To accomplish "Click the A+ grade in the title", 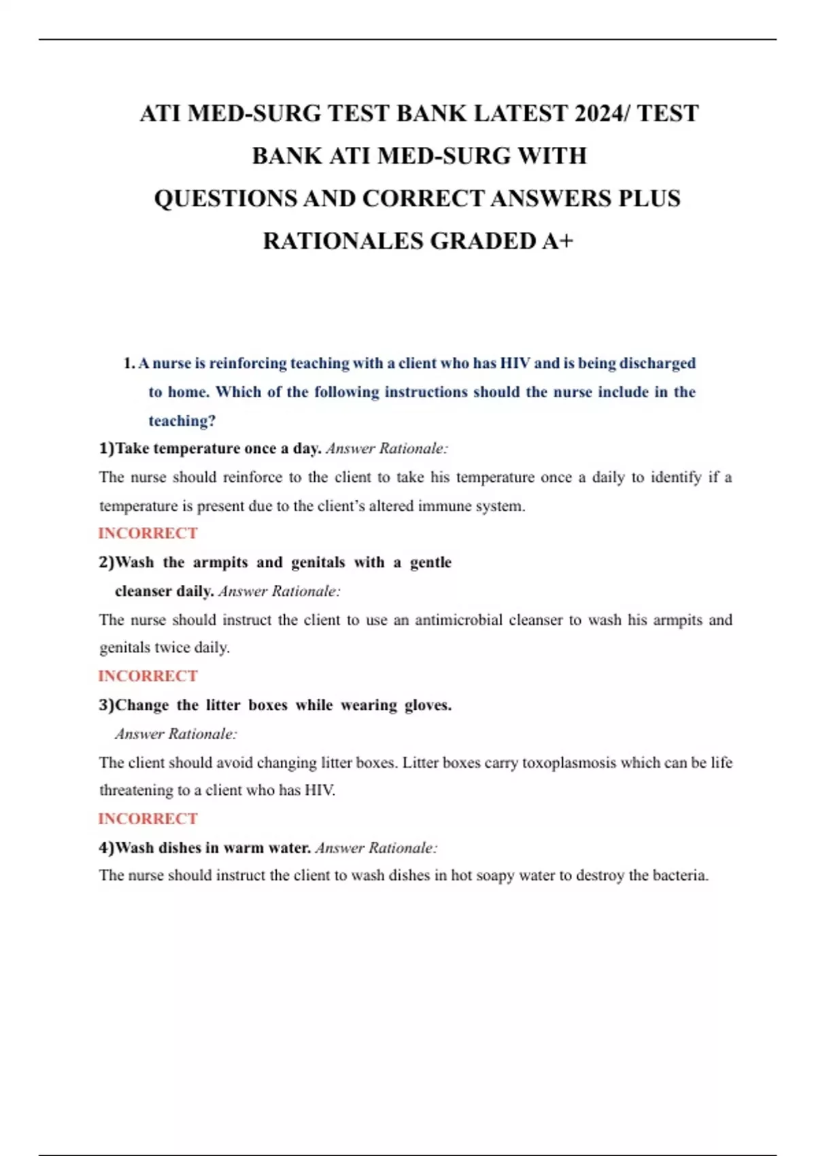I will coord(558,241).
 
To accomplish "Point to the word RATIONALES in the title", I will coord(343,241).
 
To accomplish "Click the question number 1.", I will coord(129,363).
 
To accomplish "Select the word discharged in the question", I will coord(657,363).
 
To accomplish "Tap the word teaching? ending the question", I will coord(182,421).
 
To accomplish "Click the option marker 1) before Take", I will coord(107,449).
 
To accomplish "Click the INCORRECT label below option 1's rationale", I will coord(148,533).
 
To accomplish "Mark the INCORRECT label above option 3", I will coord(148,676).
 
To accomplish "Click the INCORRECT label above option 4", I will coord(148,819).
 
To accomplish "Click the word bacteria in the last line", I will coord(679,875).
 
